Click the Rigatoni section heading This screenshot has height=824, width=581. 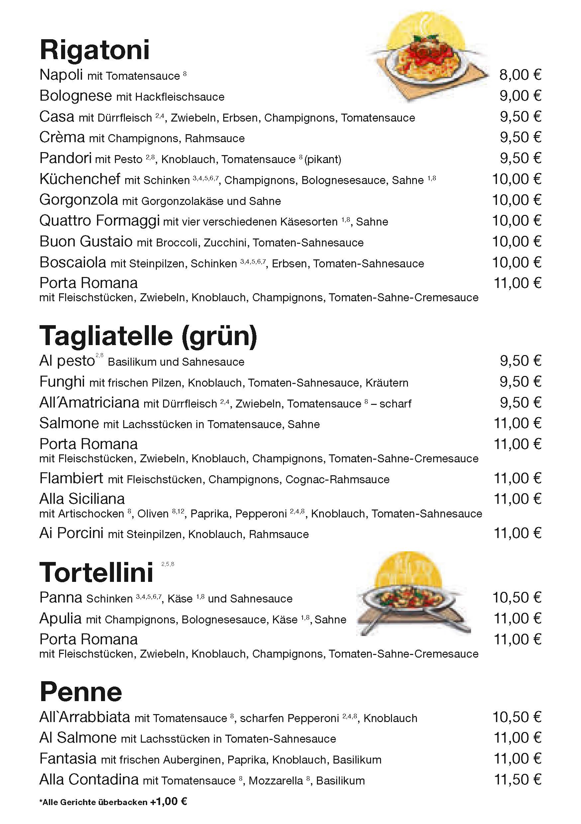click(95, 50)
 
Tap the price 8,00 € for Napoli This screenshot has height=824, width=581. click(520, 75)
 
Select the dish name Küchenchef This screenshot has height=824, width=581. click(80, 179)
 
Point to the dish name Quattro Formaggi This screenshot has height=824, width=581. click(99, 221)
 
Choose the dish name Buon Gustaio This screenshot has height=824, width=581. click(86, 241)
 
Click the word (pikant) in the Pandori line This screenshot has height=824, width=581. click(323, 159)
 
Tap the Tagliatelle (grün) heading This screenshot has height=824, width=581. click(148, 336)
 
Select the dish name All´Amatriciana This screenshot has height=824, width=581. click(89, 403)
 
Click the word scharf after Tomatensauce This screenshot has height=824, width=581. click(395, 404)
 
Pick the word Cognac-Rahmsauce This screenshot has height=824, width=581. click(337, 480)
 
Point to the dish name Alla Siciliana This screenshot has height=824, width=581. click(82, 499)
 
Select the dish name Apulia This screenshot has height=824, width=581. click(60, 618)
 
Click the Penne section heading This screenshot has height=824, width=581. click(81, 692)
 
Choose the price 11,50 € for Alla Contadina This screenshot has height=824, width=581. click(517, 779)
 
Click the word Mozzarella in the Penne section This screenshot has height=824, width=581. click(276, 781)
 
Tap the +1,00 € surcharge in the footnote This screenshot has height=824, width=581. click(168, 802)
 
